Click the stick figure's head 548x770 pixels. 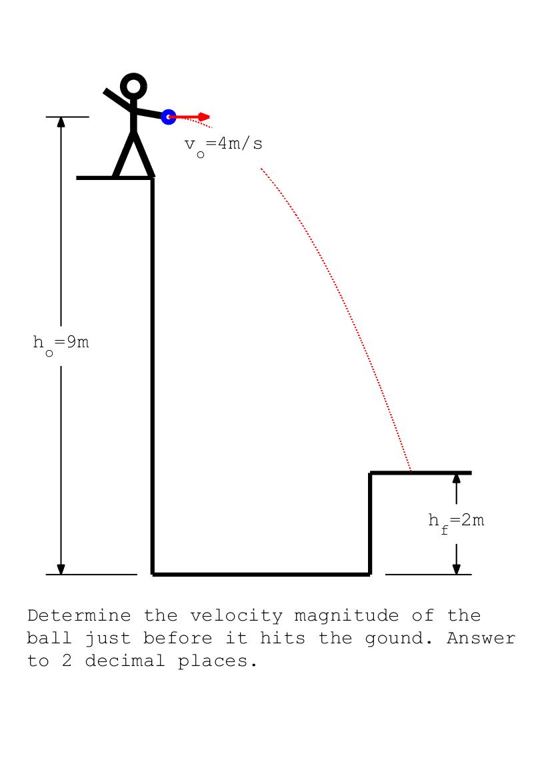(x=133, y=86)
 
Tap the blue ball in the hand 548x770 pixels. (x=169, y=117)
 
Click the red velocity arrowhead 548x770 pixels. (x=205, y=117)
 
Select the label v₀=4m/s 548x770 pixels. (x=223, y=145)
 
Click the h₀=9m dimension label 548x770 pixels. (x=61, y=344)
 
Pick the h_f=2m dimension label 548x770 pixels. (x=456, y=521)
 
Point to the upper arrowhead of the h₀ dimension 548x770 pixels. (x=61, y=122)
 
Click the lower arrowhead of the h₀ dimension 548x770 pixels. (x=61, y=569)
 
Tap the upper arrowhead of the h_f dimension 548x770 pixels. (x=457, y=478)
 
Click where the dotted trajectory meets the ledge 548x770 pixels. (x=411, y=472)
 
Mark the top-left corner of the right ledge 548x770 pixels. (x=371, y=473)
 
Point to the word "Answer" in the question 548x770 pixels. (x=481, y=638)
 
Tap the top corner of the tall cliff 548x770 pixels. (x=153, y=178)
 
